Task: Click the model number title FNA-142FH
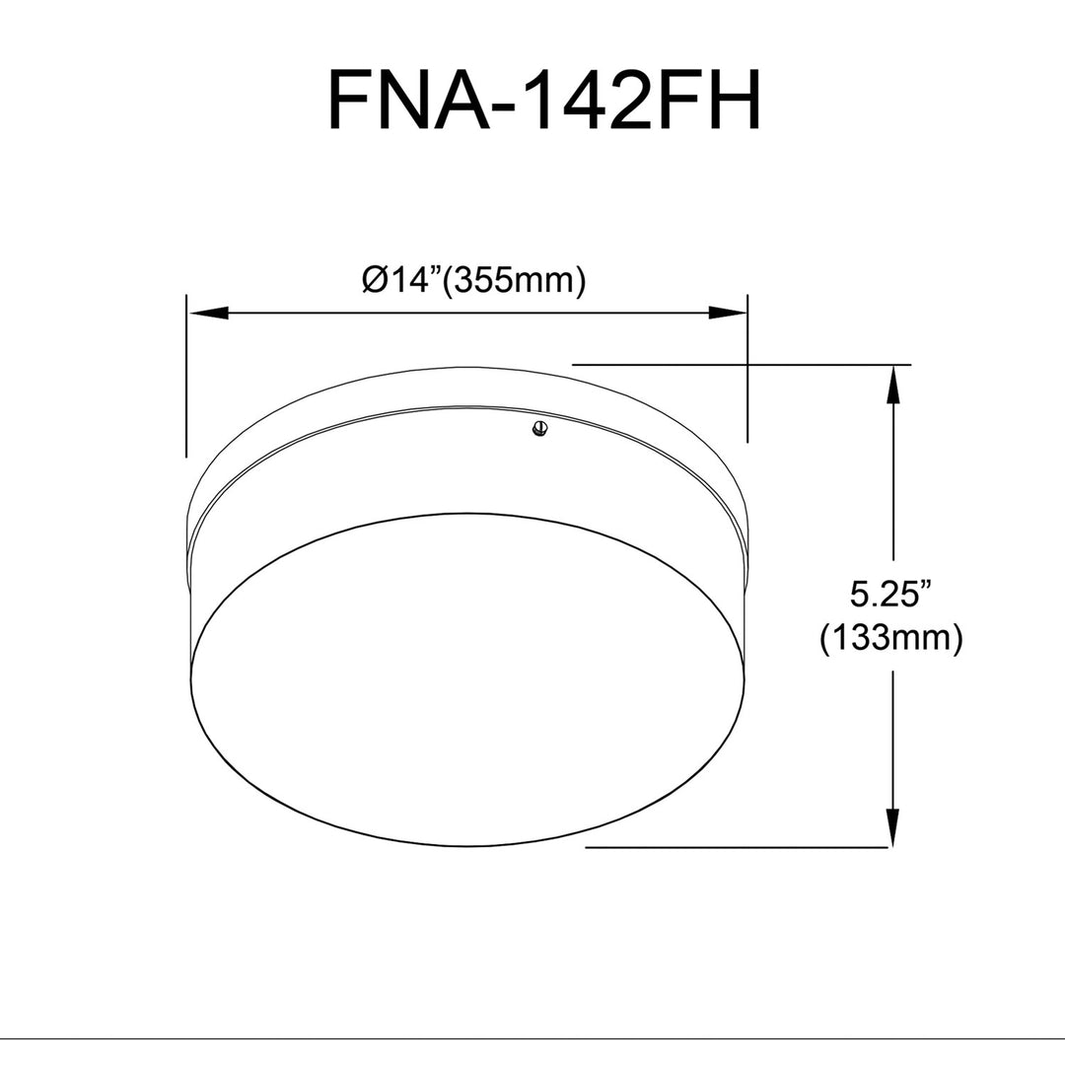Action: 544,100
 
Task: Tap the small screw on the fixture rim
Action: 540,429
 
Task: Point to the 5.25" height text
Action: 889,595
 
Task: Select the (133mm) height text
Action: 891,638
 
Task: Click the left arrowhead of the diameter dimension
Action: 208,314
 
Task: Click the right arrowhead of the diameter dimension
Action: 727,314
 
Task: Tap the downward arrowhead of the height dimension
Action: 893,827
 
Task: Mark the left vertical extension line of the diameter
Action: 186,376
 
